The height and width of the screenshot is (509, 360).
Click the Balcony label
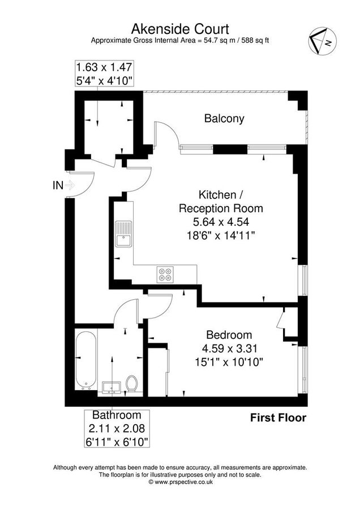point(224,119)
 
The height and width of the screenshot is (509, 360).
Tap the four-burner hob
point(165,274)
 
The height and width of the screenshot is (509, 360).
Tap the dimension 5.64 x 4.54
point(221,221)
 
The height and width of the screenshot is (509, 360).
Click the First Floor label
point(278,418)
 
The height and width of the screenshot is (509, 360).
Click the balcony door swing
point(168,136)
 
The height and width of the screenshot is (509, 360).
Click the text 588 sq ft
point(252,40)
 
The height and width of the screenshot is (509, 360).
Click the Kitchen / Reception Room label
point(221,201)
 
